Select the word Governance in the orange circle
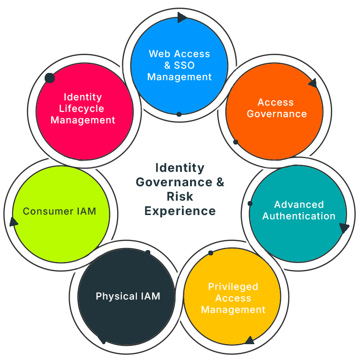(x=276, y=114)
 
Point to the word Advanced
(x=299, y=204)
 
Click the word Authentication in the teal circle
(x=299, y=216)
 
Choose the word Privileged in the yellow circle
(x=233, y=287)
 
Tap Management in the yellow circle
(x=233, y=310)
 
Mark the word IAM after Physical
(x=150, y=296)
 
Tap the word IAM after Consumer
(x=85, y=211)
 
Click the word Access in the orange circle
(x=276, y=102)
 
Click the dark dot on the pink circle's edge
(x=49, y=78)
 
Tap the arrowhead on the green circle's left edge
(x=13, y=222)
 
